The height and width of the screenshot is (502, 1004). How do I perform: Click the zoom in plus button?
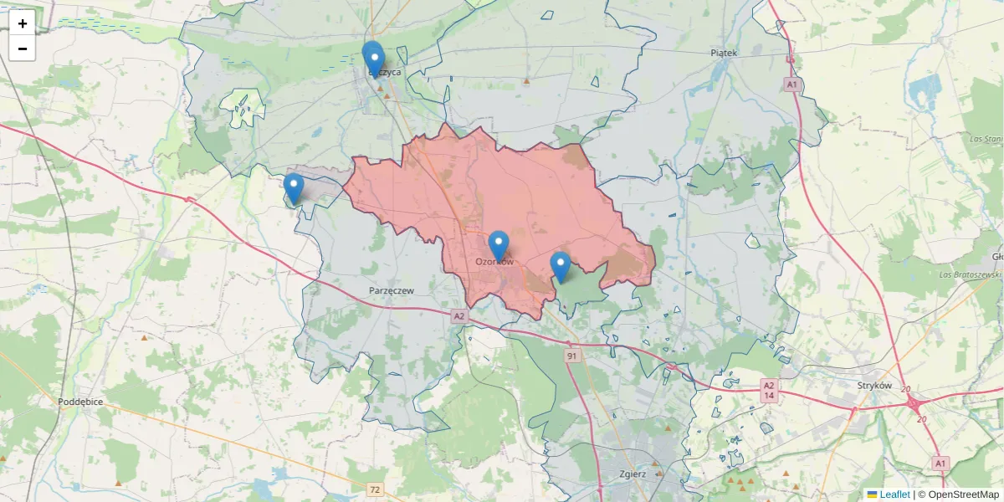click(x=23, y=23)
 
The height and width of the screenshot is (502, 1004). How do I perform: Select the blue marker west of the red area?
click(x=294, y=188)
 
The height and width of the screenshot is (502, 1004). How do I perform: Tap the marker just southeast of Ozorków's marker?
click(x=561, y=266)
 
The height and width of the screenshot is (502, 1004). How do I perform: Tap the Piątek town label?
click(x=724, y=53)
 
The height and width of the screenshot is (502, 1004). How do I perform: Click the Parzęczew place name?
click(x=392, y=290)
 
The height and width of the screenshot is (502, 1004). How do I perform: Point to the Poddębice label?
click(x=80, y=402)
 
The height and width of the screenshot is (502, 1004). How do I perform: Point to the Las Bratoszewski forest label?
click(x=970, y=274)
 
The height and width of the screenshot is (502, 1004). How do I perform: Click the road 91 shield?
click(x=572, y=356)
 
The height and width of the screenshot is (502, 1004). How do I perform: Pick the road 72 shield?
click(x=375, y=489)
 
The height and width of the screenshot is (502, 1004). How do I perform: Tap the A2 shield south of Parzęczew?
click(x=458, y=316)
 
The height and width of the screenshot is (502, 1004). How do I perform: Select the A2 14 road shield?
click(x=769, y=390)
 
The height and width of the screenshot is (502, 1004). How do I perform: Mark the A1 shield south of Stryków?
click(x=940, y=463)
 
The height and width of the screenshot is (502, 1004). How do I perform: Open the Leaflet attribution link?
click(x=894, y=494)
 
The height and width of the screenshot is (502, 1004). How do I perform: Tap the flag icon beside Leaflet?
click(x=872, y=494)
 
